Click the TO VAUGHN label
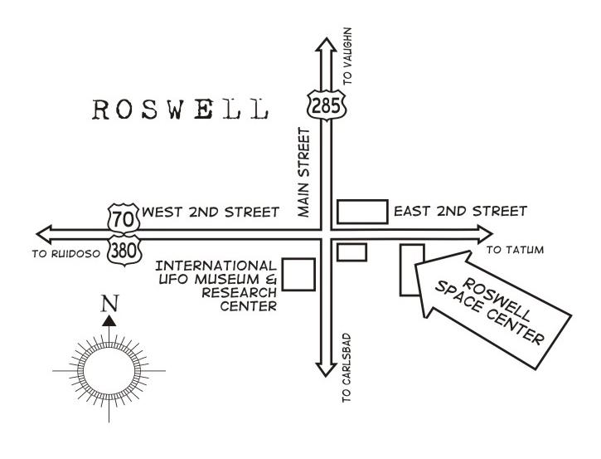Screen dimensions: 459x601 [x=348, y=55]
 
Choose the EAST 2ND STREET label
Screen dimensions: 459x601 [x=459, y=212]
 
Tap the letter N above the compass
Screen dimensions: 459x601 [x=109, y=304]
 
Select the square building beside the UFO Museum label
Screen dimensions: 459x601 [x=298, y=275]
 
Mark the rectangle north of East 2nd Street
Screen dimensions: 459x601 [x=362, y=212]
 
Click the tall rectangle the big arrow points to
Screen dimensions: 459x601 [x=412, y=269]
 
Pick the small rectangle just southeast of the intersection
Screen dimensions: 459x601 [x=351, y=251]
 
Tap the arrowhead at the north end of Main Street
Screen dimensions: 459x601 [x=320, y=42]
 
